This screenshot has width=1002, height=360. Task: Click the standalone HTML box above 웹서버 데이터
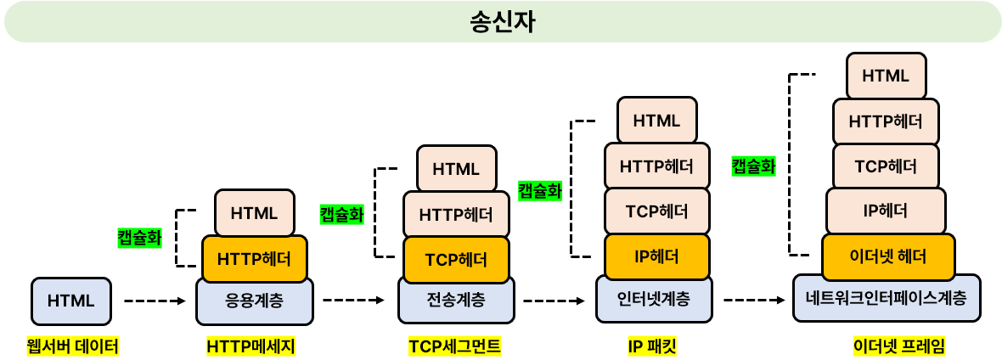(71, 301)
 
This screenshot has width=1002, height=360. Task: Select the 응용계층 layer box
(255, 301)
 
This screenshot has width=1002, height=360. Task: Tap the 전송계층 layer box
(456, 300)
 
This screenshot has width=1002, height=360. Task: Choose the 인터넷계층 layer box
(654, 299)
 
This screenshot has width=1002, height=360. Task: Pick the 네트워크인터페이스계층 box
(887, 298)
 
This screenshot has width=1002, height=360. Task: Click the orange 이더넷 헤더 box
(887, 256)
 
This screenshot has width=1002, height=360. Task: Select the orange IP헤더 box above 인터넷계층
(656, 256)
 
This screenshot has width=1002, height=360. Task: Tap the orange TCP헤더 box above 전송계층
(456, 258)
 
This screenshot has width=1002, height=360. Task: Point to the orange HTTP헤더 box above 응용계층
(255, 258)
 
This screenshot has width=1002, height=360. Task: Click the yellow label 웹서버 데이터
(72, 346)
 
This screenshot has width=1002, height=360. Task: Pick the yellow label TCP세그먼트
(454, 346)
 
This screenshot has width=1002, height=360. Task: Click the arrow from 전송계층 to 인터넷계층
(554, 301)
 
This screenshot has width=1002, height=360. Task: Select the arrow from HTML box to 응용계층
(155, 301)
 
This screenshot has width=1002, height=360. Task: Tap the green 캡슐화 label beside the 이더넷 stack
(753, 166)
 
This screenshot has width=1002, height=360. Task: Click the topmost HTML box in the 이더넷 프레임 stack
(886, 75)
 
